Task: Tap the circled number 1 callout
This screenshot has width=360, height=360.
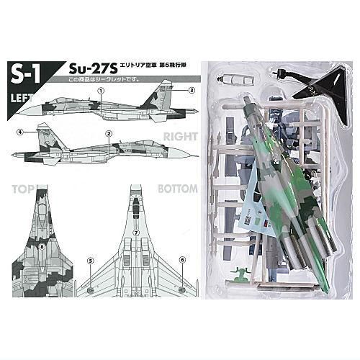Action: tap(102, 91)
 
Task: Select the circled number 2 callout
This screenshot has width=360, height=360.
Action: tap(108, 133)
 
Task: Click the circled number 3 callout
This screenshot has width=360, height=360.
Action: tap(192, 91)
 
